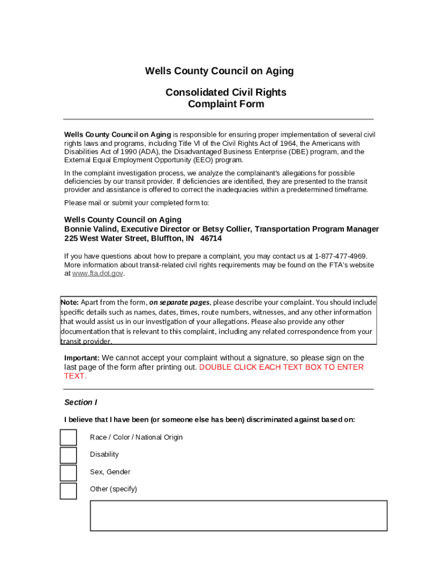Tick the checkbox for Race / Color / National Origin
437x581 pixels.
(68, 437)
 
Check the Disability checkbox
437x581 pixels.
(68, 455)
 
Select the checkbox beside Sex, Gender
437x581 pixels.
(68, 473)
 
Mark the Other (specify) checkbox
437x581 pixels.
(68, 490)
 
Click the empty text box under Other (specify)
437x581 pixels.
(238, 515)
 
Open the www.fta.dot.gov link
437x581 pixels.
(98, 273)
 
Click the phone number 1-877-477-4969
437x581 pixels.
(341, 256)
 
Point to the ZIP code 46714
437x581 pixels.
(211, 239)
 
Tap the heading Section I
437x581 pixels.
(81, 402)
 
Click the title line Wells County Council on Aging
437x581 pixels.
(219, 71)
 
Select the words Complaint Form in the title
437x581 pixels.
(226, 104)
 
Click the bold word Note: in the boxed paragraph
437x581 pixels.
(70, 302)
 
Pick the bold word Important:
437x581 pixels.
(82, 358)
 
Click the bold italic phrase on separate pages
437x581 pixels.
(179, 302)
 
